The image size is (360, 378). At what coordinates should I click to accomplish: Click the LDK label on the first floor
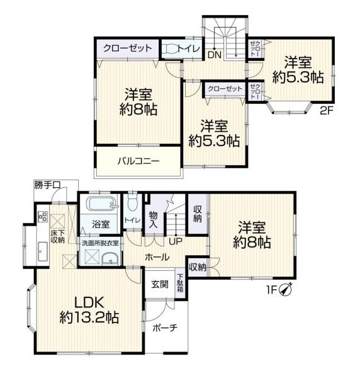(89, 302)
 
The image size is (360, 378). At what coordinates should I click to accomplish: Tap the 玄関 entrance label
(160, 285)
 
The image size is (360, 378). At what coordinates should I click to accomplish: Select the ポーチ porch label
(165, 328)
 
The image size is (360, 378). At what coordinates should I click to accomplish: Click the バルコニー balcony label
(138, 161)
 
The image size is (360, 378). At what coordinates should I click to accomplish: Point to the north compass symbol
(286, 289)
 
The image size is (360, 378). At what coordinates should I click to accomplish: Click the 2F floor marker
(326, 111)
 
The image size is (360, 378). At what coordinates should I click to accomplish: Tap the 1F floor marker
(271, 290)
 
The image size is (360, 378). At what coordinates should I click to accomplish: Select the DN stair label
(215, 55)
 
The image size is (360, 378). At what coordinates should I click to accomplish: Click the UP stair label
(176, 241)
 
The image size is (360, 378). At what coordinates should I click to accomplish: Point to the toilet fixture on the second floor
(170, 49)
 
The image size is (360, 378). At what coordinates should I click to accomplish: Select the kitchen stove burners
(43, 216)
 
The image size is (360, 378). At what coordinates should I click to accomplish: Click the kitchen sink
(43, 251)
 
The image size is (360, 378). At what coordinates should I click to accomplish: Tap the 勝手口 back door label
(47, 185)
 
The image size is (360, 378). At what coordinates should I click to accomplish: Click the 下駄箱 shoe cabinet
(180, 283)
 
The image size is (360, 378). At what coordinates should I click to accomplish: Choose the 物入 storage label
(153, 220)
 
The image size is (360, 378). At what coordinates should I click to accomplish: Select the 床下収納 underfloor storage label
(57, 236)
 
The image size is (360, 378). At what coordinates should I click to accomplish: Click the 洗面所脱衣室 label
(99, 243)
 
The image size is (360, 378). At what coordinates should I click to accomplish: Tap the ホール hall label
(157, 257)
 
